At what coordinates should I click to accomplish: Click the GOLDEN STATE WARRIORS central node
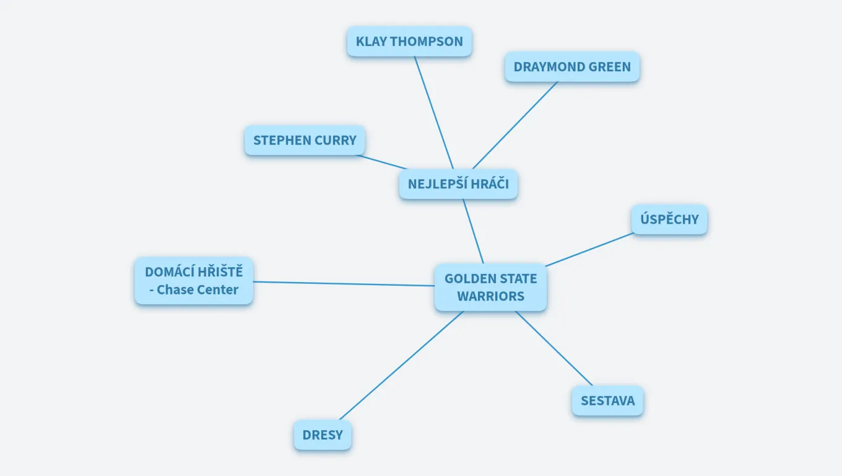pos(490,287)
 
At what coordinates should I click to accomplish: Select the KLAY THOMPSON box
pos(409,42)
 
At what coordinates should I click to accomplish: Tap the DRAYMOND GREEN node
pos(572,67)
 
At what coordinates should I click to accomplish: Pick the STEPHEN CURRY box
pos(305,140)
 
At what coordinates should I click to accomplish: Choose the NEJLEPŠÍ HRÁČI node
pos(458,184)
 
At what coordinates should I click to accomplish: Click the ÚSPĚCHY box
pos(669,219)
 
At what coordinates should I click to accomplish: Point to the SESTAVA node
pos(607,400)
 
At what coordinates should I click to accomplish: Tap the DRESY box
pos(322,435)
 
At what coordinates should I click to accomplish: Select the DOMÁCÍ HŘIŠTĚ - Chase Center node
pos(194,281)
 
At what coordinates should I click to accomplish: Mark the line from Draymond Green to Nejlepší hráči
pos(515,125)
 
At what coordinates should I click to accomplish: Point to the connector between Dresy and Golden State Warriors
pos(401,365)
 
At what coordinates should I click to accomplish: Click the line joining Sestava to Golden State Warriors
pos(554,348)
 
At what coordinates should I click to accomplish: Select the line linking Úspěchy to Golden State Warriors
pos(589,249)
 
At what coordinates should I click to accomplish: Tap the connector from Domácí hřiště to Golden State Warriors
pos(344,284)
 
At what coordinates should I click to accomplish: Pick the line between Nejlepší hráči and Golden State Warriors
pos(473,231)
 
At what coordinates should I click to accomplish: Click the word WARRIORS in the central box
pos(490,296)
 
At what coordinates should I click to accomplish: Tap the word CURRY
pos(336,140)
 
